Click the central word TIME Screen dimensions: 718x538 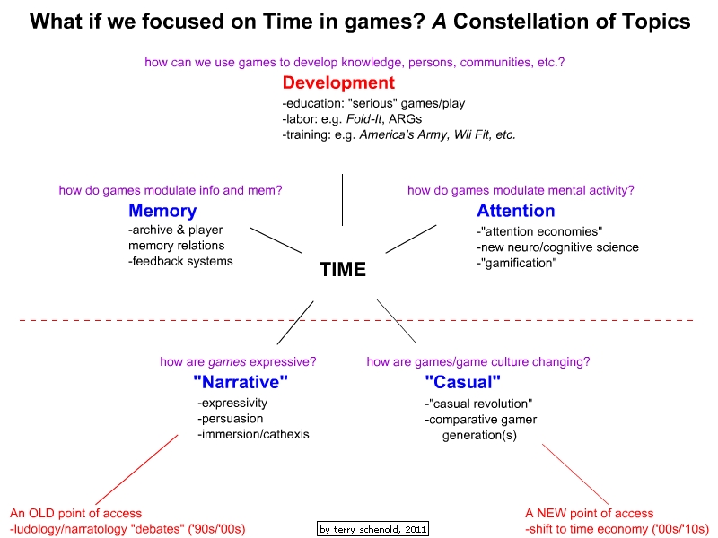(343, 270)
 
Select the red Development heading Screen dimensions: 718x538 (338, 82)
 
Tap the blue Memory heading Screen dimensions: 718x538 (162, 211)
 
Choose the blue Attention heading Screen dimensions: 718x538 (515, 211)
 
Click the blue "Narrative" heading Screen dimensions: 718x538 (241, 382)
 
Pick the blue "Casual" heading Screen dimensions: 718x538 (462, 382)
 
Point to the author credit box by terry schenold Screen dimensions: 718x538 (372, 529)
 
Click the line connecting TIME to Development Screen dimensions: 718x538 (342, 199)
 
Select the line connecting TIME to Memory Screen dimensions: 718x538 (276, 240)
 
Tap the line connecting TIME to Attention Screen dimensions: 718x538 (411, 239)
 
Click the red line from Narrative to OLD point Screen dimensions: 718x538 (136, 470)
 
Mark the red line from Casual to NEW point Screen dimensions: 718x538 (575, 474)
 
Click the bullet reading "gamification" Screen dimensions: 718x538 (517, 263)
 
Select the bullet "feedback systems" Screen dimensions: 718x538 (180, 261)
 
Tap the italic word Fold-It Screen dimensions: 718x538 (364, 119)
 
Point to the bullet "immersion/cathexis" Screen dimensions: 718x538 (253, 434)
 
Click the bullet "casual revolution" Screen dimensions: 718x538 (478, 403)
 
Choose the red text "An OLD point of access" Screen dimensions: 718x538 (75, 513)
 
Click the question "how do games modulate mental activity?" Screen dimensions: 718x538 (521, 190)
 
